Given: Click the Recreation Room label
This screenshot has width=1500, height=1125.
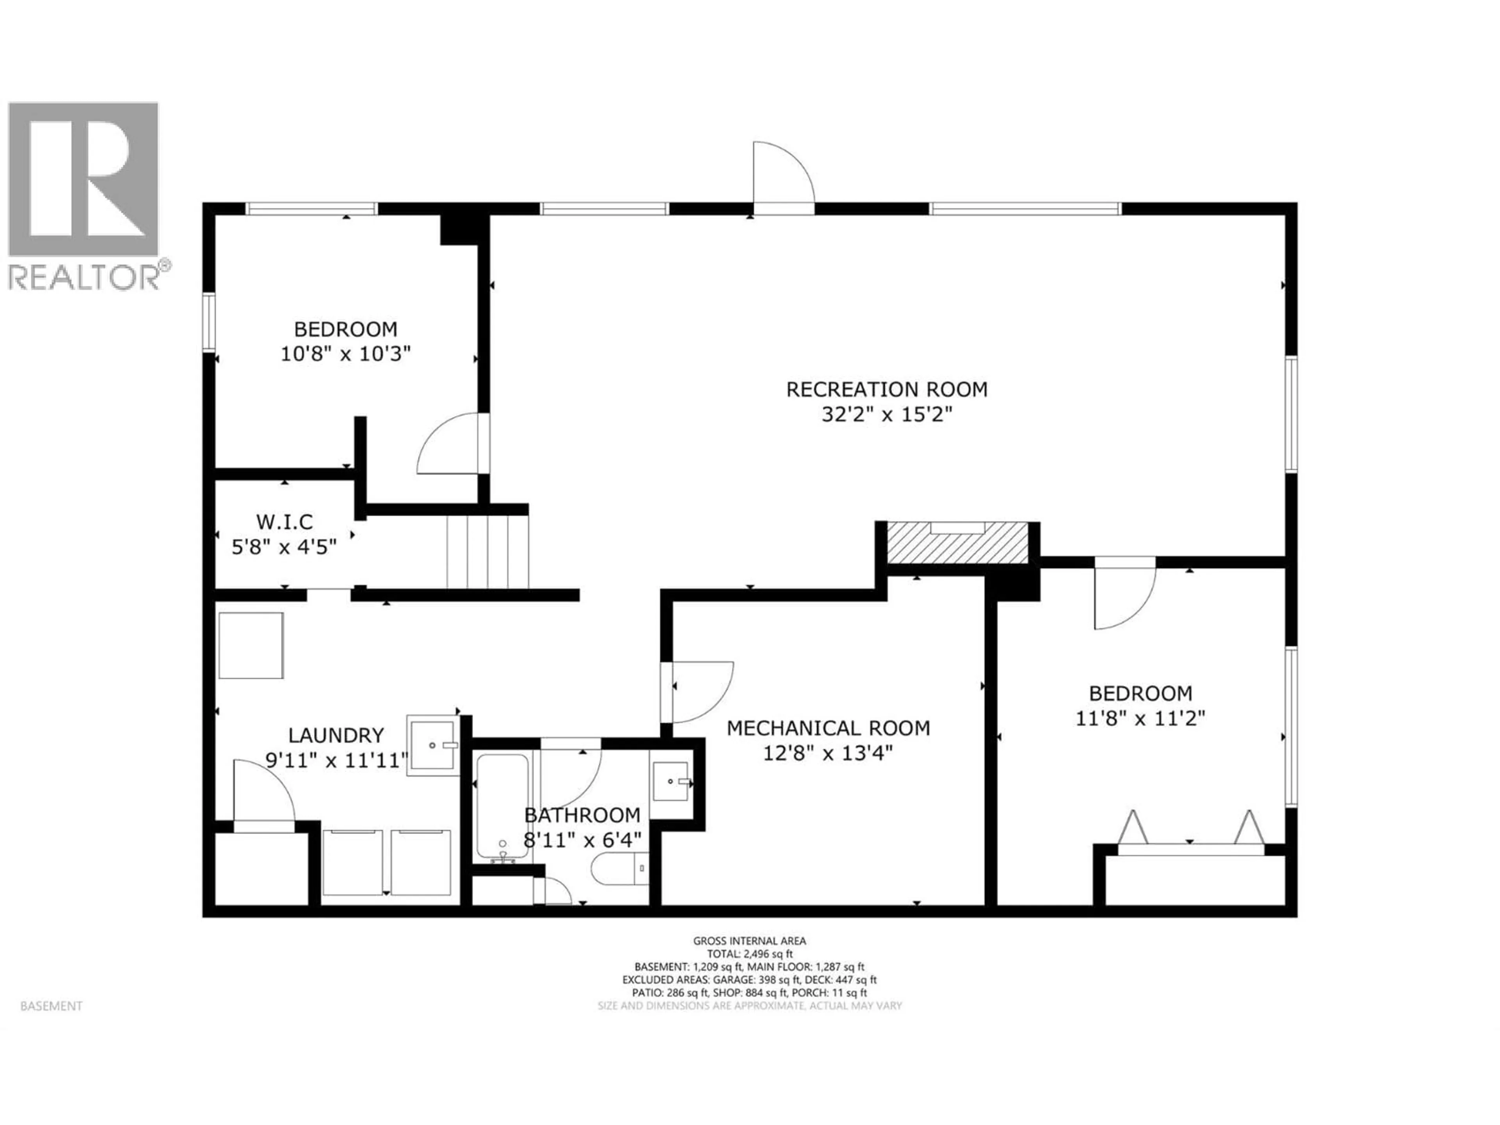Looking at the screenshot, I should [886, 389].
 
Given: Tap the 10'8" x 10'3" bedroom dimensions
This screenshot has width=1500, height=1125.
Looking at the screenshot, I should [346, 354].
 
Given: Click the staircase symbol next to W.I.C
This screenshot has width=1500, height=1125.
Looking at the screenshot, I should [487, 551].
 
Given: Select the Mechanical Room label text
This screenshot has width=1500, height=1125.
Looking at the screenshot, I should [828, 728].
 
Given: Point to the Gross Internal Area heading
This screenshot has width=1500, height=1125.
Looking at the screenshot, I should [749, 941].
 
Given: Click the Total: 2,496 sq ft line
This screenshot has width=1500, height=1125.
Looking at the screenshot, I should [749, 954].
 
